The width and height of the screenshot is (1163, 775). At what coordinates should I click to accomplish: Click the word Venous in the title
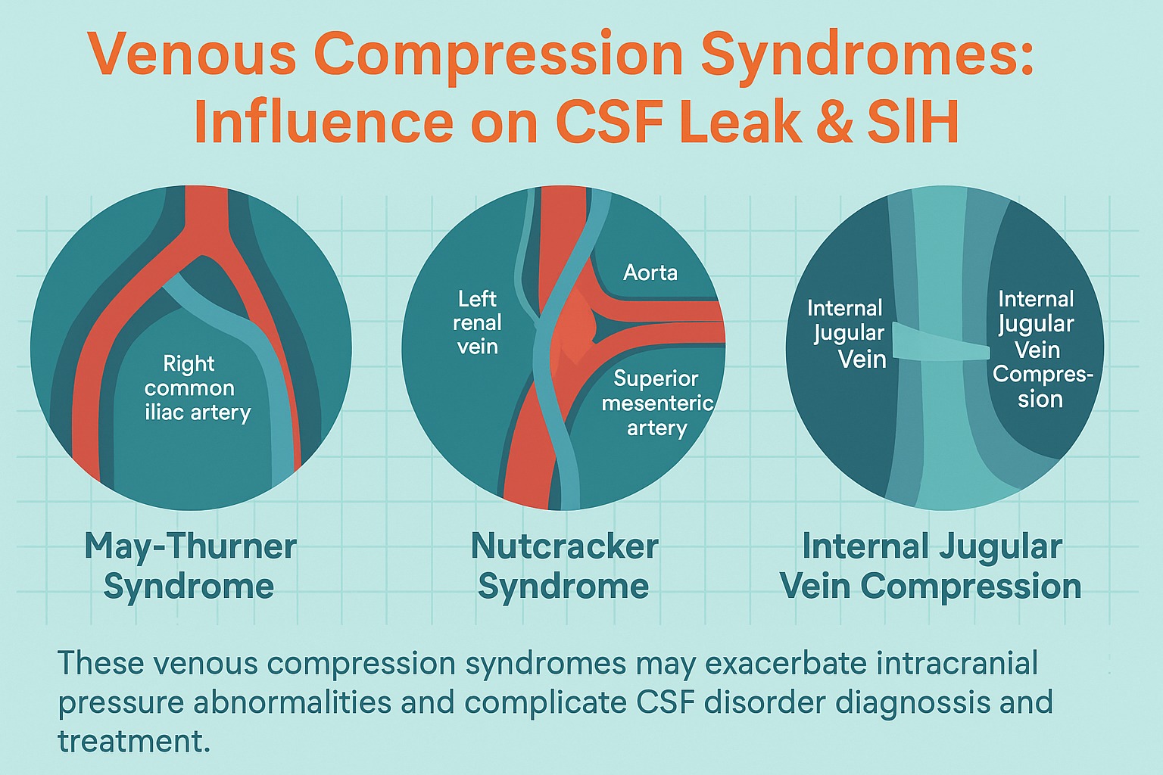tap(192, 54)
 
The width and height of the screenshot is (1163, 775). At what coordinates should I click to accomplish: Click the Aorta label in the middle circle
tap(650, 272)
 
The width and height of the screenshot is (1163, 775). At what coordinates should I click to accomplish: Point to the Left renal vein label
tap(477, 322)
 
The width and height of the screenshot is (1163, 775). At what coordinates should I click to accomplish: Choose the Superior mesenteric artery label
tap(657, 403)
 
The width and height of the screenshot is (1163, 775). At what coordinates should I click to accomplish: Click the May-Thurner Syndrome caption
tap(190, 566)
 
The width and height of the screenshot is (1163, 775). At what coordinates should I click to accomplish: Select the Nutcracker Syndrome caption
tap(564, 566)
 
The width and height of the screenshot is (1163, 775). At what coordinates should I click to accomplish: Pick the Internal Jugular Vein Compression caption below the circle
tap(931, 566)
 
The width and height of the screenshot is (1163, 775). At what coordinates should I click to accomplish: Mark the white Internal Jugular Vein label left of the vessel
tap(847, 334)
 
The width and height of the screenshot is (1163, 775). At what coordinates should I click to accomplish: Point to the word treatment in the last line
tap(134, 741)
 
